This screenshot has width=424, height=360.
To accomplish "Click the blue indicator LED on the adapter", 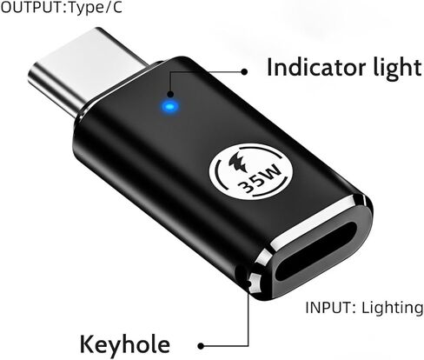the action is pyautogui.click(x=170, y=107).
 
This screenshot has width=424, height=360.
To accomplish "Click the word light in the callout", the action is pyautogui.click(x=397, y=68).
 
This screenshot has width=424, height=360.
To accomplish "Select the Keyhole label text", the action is pyautogui.click(x=125, y=344).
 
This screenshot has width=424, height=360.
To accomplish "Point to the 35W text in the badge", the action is pyautogui.click(x=259, y=180).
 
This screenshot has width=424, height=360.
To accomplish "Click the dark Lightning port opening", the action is pyautogui.click(x=315, y=251).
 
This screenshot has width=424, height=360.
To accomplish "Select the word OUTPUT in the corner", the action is pyautogui.click(x=31, y=8).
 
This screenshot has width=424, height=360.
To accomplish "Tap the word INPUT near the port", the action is pyautogui.click(x=328, y=308).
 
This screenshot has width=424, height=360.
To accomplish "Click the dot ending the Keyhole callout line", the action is pyautogui.click(x=201, y=346).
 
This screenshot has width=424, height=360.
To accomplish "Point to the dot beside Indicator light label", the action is pyautogui.click(x=244, y=71).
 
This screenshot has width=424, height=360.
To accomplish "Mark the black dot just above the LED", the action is pyautogui.click(x=170, y=94).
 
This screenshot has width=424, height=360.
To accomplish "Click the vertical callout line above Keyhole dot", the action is pyautogui.click(x=248, y=319).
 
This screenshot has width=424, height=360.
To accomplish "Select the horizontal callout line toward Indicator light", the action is pyautogui.click(x=224, y=71).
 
